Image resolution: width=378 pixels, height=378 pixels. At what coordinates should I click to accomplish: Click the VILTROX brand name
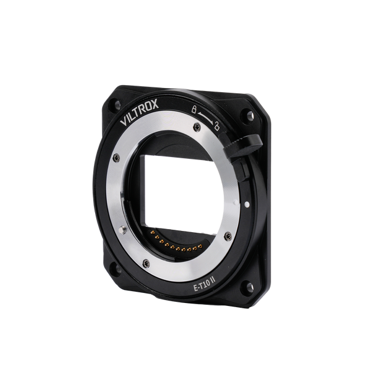(x=139, y=112)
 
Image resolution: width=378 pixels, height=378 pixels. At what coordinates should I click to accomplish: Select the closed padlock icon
(x=193, y=109)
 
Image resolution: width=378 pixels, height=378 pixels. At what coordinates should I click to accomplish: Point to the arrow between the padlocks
(x=206, y=116)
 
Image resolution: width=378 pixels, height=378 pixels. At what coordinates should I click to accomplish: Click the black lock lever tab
(x=243, y=147)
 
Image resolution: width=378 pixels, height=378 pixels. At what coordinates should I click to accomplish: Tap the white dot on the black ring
(x=247, y=205)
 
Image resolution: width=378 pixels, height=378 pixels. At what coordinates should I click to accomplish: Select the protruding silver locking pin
(x=123, y=230)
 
